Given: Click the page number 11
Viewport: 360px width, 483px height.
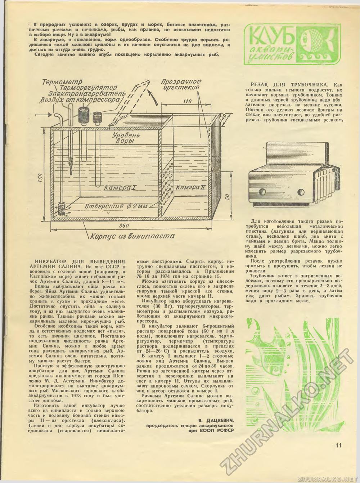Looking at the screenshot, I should [x=337, y=445].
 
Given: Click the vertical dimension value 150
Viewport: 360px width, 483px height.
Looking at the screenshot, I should [x=41, y=177].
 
